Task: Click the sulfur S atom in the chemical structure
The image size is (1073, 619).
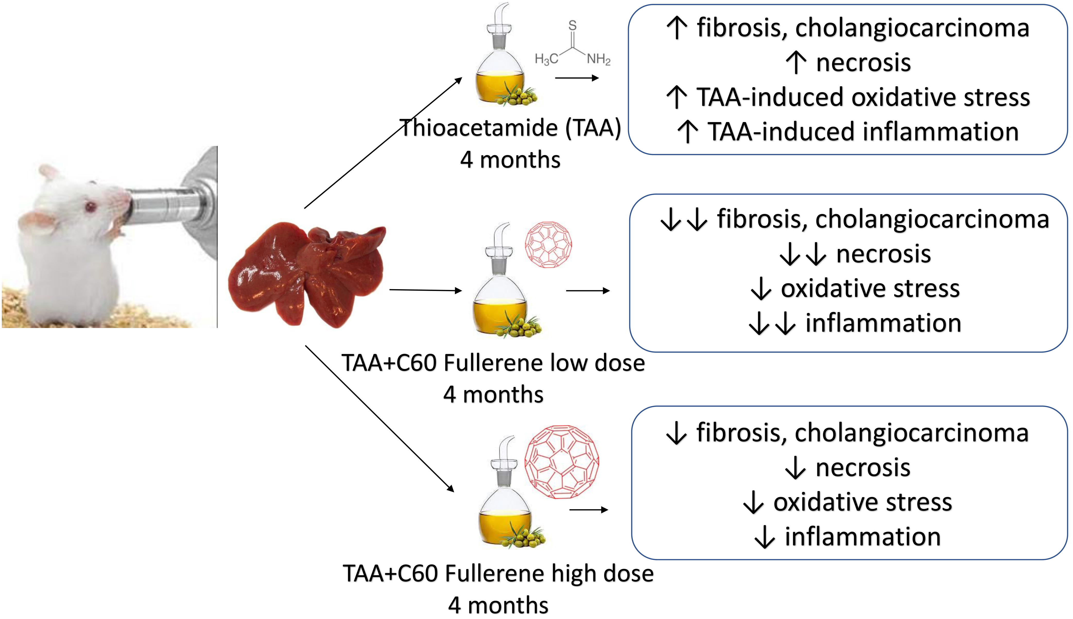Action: (572, 25)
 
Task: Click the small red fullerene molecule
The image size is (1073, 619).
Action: (548, 245)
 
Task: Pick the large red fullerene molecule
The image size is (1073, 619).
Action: (561, 462)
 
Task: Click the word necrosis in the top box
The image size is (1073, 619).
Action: (863, 63)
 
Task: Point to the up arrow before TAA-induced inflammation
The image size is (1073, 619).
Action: (687, 132)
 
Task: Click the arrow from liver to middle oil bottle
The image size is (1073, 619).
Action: (425, 290)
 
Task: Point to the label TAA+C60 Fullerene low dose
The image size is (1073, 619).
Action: (493, 363)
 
